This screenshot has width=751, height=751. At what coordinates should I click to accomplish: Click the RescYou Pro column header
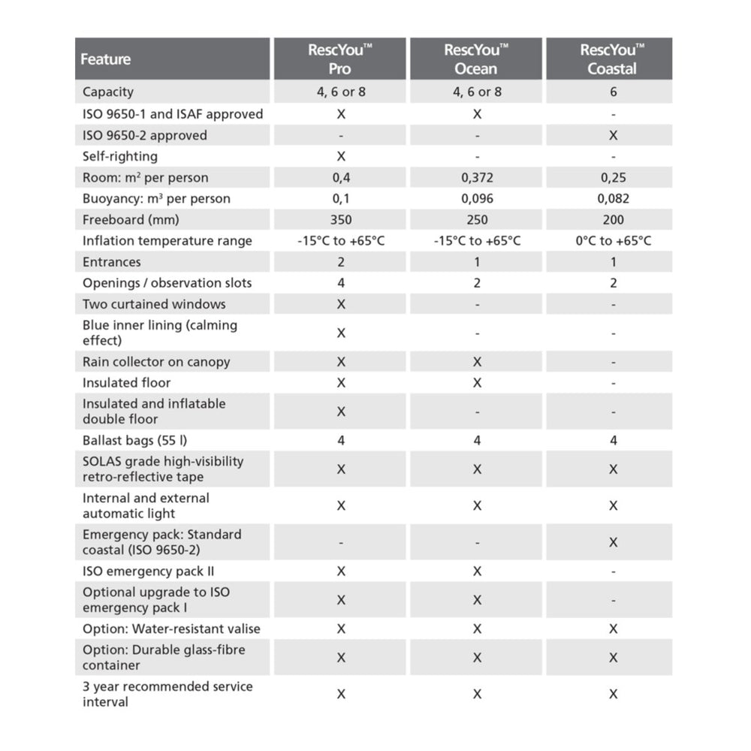tap(340, 59)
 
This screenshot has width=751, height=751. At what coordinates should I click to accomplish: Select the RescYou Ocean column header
tap(476, 59)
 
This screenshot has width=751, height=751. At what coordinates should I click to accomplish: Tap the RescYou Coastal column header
tap(612, 59)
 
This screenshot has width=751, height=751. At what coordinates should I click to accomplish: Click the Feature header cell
tap(106, 59)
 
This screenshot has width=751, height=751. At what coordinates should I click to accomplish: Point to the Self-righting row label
tap(120, 156)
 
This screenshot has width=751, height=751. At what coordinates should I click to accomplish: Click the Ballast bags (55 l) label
tap(134, 440)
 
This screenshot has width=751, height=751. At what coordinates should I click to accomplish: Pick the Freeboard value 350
tap(340, 220)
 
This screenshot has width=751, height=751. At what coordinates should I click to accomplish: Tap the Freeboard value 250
tap(477, 220)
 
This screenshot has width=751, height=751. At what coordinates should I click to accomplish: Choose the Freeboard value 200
tap(613, 220)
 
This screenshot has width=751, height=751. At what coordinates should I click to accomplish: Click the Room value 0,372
tap(477, 178)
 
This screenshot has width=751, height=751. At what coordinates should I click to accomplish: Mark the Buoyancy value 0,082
tap(613, 199)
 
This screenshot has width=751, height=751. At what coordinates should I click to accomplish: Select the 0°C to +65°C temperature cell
tap(613, 241)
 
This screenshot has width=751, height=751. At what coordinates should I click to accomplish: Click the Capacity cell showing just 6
tap(613, 92)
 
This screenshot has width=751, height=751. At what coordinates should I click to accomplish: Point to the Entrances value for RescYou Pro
tap(341, 262)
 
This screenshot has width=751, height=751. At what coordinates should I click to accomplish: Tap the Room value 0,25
tap(613, 178)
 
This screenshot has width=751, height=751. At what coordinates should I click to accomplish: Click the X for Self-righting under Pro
tap(341, 156)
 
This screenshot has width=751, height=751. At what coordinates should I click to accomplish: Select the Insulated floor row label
tap(126, 383)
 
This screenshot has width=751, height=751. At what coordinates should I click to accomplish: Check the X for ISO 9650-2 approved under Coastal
tap(613, 135)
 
